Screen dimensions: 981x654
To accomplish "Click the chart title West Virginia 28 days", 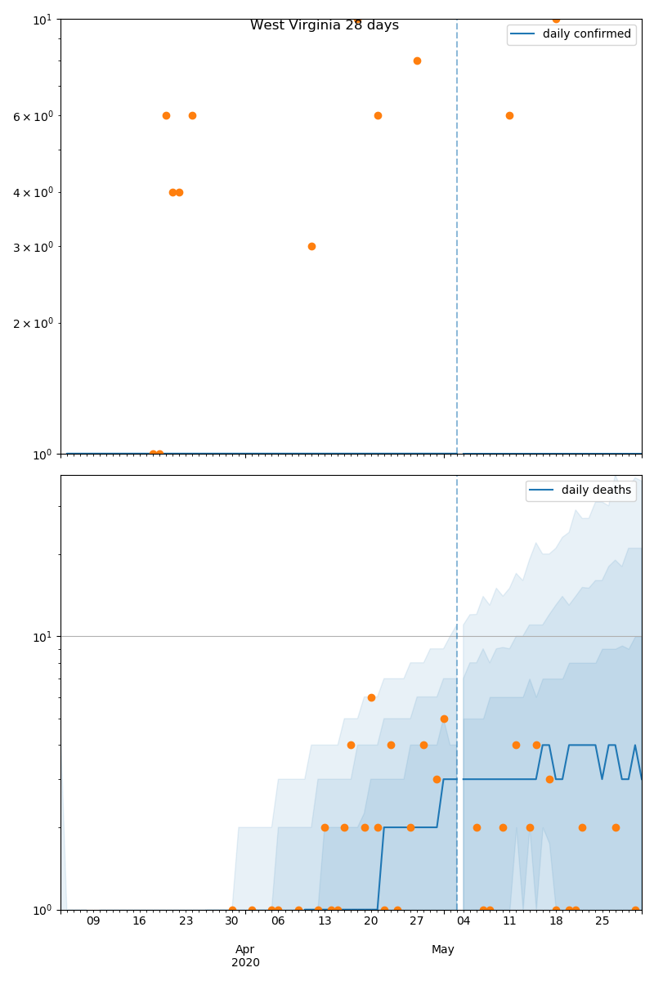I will [325, 25].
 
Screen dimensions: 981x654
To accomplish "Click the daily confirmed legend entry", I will [586, 34].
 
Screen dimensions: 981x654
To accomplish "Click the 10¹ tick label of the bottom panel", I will [43, 637].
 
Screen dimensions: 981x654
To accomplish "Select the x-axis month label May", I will [443, 949].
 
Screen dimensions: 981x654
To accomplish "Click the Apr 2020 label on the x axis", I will [245, 956].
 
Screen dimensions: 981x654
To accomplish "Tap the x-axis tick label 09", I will [93, 921].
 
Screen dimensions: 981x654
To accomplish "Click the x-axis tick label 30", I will [232, 921].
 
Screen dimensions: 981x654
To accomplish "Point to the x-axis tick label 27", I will [417, 921].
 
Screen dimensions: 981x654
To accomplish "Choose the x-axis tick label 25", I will [602, 921].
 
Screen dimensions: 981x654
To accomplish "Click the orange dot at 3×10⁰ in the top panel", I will [311, 246].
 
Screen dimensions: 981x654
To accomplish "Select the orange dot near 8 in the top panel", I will [417, 60].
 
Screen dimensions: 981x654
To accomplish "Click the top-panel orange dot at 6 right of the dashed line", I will [509, 115].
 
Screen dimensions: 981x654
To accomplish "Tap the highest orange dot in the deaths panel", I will [371, 697].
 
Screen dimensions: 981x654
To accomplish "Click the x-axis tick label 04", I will [464, 921].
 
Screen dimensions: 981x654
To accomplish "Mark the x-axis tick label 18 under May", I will [556, 921].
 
